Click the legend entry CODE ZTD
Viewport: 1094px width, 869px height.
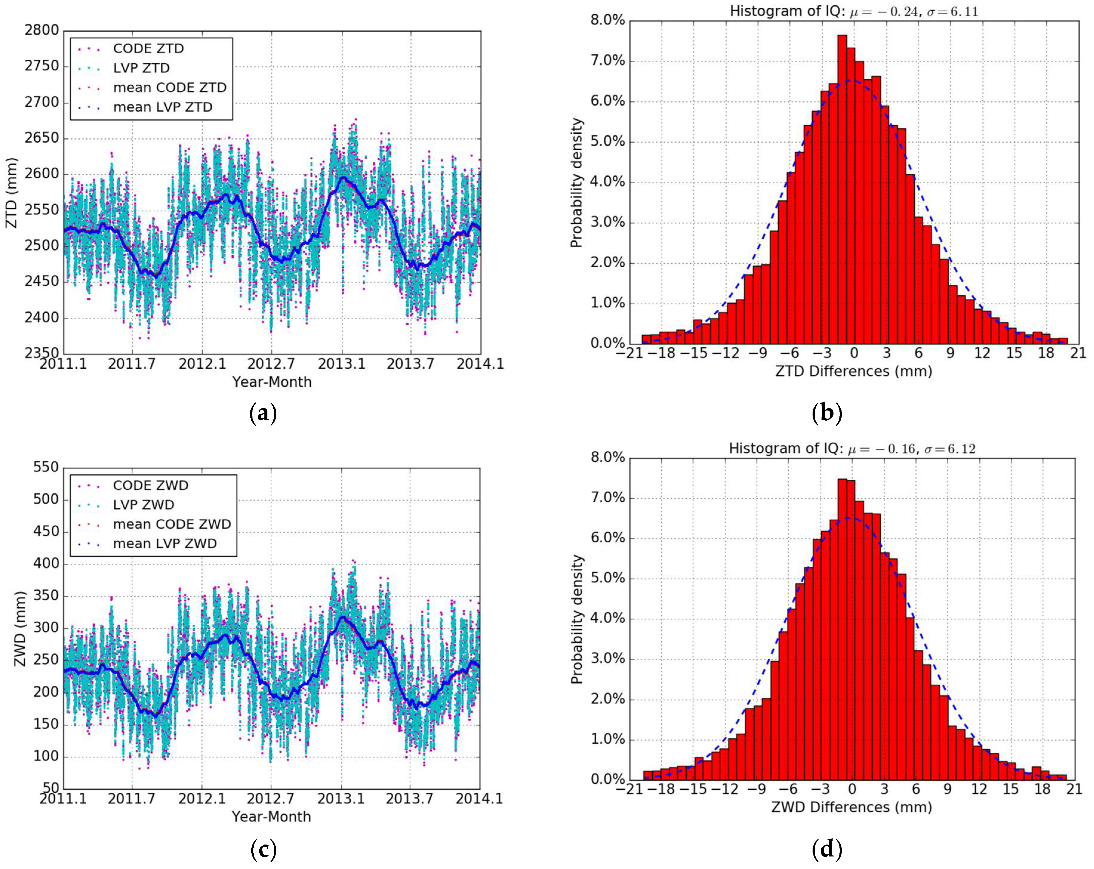coord(148,49)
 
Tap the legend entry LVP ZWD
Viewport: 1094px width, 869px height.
coord(144,505)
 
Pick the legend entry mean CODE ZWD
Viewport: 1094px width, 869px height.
coord(172,524)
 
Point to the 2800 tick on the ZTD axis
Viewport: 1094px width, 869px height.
coord(42,30)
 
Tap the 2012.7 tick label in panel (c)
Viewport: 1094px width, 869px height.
coord(270,799)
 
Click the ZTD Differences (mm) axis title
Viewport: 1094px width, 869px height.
coord(853,371)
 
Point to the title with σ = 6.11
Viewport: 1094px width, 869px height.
coord(853,11)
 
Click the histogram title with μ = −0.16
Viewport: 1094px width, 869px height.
coord(852,448)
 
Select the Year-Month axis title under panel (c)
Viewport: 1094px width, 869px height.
coord(271,817)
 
